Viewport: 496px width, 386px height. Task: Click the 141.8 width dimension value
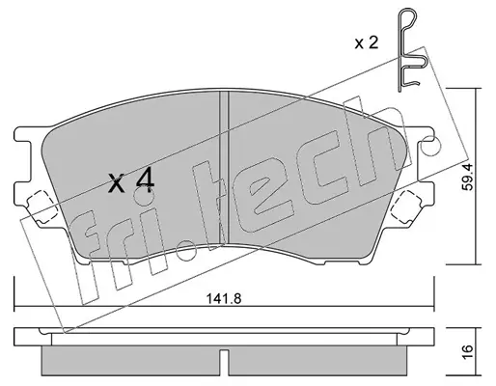(224, 299)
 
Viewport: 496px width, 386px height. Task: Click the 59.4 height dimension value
(468, 177)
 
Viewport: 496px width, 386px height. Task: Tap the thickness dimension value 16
(468, 352)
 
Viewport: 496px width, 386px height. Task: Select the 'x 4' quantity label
(131, 181)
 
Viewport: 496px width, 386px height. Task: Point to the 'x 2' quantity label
(367, 42)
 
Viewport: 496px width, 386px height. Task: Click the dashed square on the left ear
(41, 207)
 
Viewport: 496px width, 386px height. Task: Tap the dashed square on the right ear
(406, 207)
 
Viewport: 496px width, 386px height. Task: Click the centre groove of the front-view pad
(224, 168)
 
